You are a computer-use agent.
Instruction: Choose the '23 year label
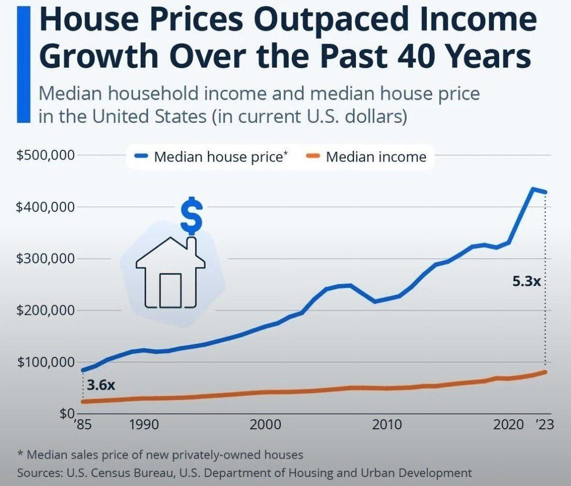click(x=539, y=424)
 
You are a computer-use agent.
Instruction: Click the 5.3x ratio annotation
click(x=526, y=281)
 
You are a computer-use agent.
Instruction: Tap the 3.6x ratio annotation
click(x=101, y=385)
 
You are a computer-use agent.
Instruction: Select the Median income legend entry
click(x=376, y=156)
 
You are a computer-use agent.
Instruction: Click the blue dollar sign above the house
click(x=191, y=215)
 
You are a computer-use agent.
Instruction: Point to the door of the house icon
click(x=170, y=290)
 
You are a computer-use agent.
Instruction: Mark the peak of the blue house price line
click(x=533, y=189)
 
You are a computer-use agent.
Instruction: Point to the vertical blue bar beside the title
click(x=23, y=62)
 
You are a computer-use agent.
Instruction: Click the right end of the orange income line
click(x=545, y=372)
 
